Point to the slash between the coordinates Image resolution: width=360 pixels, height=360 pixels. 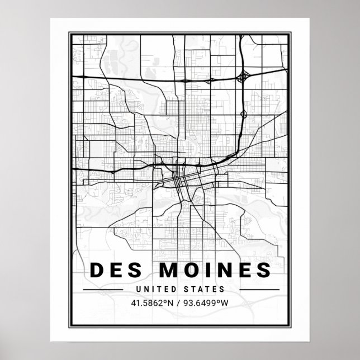pyautogui.click(x=178, y=303)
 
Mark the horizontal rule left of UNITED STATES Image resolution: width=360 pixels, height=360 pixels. pyautogui.click(x=102, y=290)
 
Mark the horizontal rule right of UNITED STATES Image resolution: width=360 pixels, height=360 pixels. pyautogui.click(x=257, y=290)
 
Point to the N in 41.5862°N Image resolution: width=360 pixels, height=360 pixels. pyautogui.click(x=170, y=303)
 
